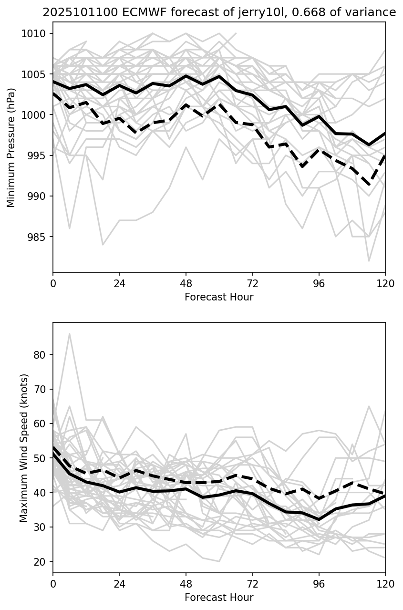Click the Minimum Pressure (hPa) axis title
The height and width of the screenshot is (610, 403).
11,147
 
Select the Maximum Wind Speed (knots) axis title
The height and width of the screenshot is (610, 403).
24,448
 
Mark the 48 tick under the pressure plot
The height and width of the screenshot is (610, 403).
186,283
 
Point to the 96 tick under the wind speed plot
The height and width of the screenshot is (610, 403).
319,584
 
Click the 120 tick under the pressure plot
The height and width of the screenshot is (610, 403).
385,283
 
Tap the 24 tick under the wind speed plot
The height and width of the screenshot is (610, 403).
119,584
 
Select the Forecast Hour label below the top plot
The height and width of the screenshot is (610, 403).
219,297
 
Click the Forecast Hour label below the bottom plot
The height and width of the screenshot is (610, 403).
219,598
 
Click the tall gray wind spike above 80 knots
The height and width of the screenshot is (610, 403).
70,334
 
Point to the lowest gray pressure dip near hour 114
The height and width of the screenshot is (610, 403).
369,261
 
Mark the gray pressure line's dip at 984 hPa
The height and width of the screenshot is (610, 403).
103,245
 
